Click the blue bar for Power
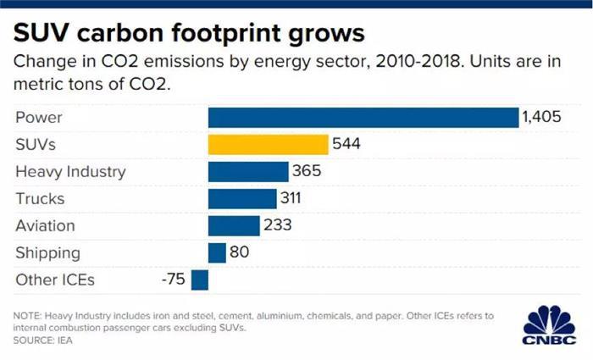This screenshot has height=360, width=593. pos(363,117)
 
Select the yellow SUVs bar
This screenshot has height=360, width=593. pos(268,144)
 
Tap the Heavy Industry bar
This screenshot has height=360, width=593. pos(247,171)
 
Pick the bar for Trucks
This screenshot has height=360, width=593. pos(242,198)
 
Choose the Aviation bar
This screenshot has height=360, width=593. pos(233,225)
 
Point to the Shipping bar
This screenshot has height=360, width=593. pos(217,252)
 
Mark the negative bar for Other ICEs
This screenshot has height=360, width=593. pos(200,280)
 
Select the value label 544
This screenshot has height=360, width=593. pos(346,144)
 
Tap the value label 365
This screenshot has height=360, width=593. pos(307,171)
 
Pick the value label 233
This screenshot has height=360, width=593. pos(279,225)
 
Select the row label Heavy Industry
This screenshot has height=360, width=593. pos(70,171)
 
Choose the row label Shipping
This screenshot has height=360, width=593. pos(47,252)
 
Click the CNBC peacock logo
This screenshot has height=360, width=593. pos(548,324)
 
